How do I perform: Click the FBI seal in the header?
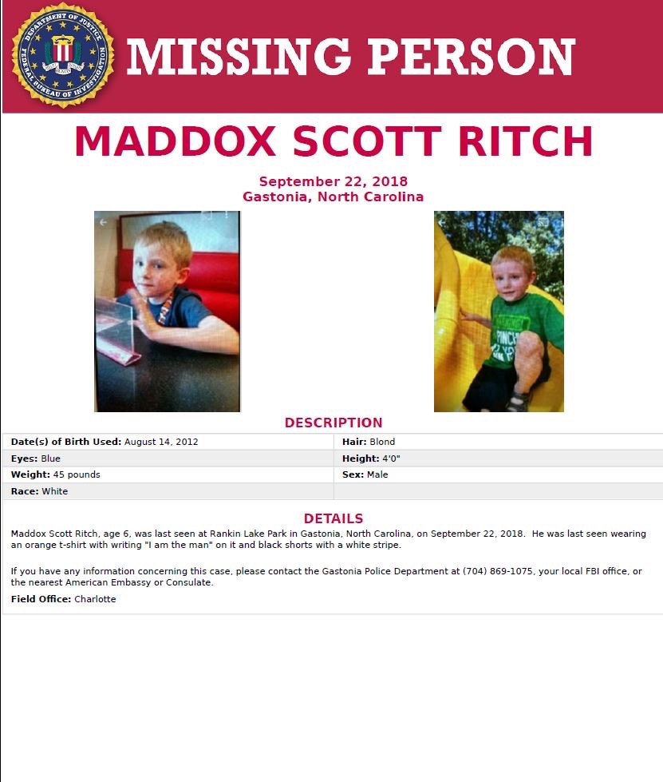click(x=63, y=55)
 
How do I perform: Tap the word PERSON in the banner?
click(x=468, y=58)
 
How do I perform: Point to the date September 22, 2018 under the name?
click(x=333, y=181)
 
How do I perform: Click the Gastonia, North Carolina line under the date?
click(x=333, y=196)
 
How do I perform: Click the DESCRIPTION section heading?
click(x=333, y=423)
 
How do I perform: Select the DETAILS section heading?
click(x=333, y=518)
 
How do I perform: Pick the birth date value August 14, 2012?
click(x=161, y=442)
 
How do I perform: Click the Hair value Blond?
click(x=382, y=442)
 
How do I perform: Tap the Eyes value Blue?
click(x=50, y=458)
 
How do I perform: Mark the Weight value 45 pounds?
click(x=77, y=474)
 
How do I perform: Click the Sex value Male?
click(x=377, y=474)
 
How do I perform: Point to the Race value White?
click(x=55, y=491)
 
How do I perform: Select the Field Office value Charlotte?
click(x=95, y=599)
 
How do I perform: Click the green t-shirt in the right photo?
click(x=519, y=327)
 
